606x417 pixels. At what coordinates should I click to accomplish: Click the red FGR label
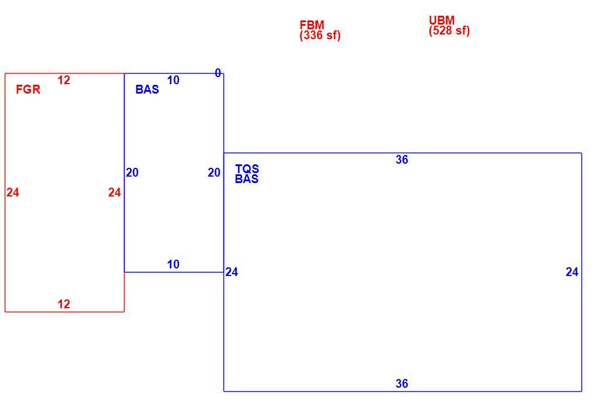(28, 89)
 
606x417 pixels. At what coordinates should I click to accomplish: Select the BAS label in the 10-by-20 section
(147, 89)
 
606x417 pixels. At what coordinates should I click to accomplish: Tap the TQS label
(247, 169)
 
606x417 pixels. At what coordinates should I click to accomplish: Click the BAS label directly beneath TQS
(247, 179)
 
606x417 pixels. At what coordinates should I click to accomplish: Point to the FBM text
(312, 25)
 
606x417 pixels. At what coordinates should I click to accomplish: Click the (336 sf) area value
(320, 35)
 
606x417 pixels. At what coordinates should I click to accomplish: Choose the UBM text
(442, 20)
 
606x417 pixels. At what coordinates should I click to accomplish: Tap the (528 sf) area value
(449, 30)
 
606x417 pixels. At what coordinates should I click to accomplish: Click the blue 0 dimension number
(218, 73)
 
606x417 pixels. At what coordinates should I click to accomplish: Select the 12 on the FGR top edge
(64, 80)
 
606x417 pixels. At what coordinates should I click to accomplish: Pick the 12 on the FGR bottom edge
(64, 304)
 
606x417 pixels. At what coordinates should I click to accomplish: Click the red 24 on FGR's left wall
(13, 192)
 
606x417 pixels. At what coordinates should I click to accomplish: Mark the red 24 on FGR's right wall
(115, 192)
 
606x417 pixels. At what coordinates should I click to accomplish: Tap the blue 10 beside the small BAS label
(173, 80)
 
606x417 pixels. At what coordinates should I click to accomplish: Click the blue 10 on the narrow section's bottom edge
(173, 264)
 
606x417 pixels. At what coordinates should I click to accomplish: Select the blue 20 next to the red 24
(132, 173)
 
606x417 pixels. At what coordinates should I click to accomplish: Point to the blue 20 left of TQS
(214, 173)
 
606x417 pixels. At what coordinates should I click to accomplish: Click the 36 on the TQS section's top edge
(402, 160)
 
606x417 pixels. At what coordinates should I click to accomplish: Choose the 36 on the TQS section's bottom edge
(402, 384)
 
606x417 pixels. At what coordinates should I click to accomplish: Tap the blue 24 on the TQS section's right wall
(572, 272)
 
